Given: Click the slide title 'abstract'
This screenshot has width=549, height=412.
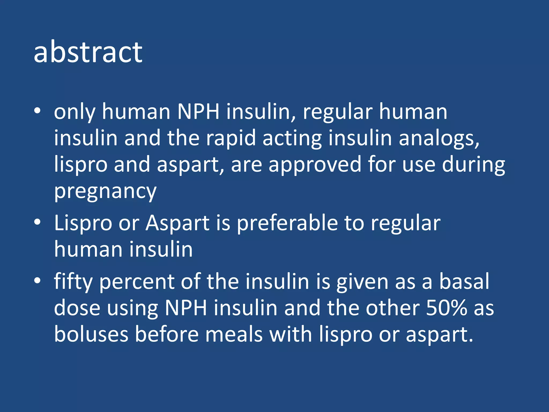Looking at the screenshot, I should (88, 52).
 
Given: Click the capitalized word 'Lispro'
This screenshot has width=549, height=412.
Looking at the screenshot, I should (83, 223).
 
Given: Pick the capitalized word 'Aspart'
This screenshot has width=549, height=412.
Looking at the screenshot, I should (177, 223).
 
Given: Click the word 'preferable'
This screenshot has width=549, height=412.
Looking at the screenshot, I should (287, 223).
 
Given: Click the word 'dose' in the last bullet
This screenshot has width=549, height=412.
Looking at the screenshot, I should (77, 308).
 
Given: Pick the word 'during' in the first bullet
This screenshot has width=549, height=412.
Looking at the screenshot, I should (473, 165).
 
